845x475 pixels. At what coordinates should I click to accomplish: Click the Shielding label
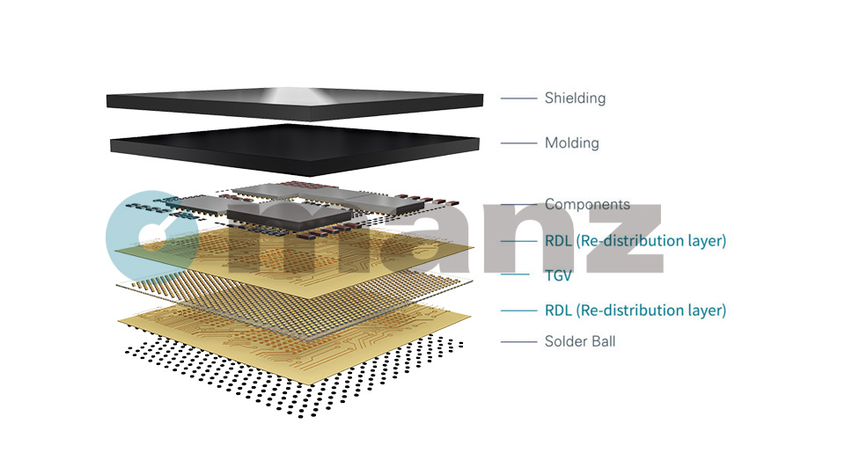tap(575, 98)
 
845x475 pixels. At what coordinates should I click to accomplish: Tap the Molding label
tap(571, 142)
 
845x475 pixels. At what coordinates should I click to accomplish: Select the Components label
tap(587, 204)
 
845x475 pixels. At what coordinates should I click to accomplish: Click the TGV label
tap(558, 275)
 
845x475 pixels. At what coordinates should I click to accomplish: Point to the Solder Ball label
tap(580, 341)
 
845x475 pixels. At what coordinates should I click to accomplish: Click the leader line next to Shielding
tap(518, 99)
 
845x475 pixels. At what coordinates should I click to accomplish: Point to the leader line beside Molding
tap(518, 143)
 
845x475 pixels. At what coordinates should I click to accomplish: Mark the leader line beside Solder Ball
tap(518, 341)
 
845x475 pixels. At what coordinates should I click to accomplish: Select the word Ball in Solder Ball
tap(602, 341)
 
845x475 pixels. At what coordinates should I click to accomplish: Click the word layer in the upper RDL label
tap(705, 240)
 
